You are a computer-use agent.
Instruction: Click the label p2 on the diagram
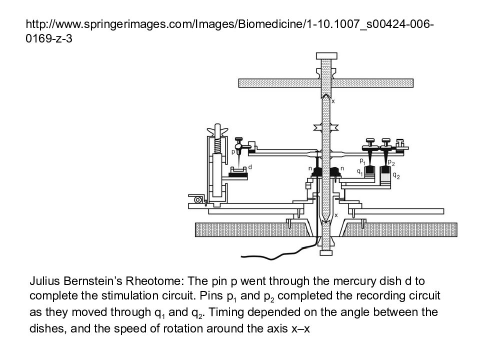coord(391,162)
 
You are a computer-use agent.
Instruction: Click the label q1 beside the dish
coord(359,172)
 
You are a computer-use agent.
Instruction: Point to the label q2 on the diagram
coord(396,175)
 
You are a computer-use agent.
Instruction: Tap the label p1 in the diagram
coord(362,160)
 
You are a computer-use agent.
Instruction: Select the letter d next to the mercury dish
coord(250,167)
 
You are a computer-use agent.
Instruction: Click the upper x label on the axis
coord(333,101)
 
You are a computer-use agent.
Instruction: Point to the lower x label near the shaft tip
coord(336,215)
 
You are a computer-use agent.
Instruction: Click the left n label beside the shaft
coord(310,168)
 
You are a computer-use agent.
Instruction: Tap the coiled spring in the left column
coord(217,144)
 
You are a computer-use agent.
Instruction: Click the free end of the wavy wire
coord(242,256)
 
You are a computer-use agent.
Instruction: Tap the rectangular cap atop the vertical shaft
coord(326,56)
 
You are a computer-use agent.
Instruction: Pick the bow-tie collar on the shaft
coord(326,127)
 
